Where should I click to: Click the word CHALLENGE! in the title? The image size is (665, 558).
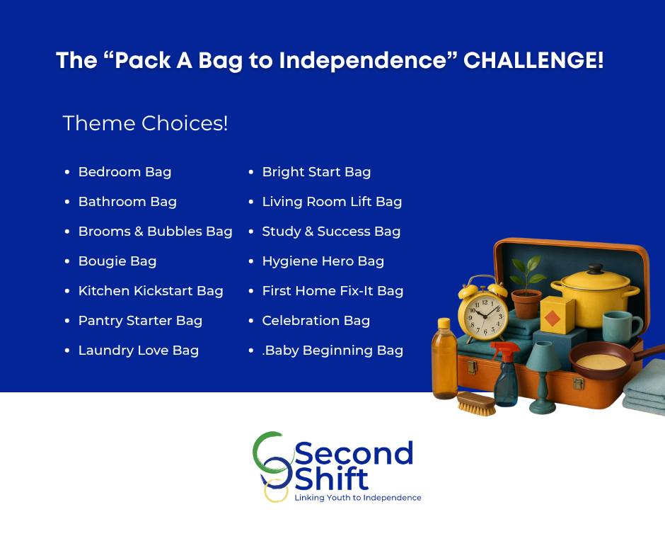click(x=533, y=60)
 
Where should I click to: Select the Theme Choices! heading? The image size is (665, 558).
click(x=145, y=123)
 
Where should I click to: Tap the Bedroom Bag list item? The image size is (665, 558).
click(x=125, y=172)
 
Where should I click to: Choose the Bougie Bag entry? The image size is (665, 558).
click(x=117, y=261)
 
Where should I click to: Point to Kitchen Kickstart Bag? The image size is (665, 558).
click(x=151, y=291)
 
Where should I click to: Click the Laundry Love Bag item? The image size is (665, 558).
click(x=138, y=351)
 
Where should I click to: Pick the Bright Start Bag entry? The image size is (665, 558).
click(x=316, y=172)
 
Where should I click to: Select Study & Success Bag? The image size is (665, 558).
click(x=331, y=232)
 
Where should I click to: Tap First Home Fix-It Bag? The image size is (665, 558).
click(x=332, y=291)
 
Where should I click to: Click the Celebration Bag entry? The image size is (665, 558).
click(x=316, y=321)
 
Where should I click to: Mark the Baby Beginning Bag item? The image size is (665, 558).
click(x=332, y=351)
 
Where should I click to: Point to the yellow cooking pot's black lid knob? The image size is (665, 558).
click(x=594, y=269)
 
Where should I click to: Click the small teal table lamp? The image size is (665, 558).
click(x=543, y=378)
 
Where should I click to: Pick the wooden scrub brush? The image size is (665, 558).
click(x=476, y=403)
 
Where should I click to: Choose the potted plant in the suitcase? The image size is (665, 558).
click(x=526, y=289)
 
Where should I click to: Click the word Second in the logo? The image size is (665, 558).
click(x=354, y=453)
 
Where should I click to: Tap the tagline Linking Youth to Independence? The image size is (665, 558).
click(x=358, y=498)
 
